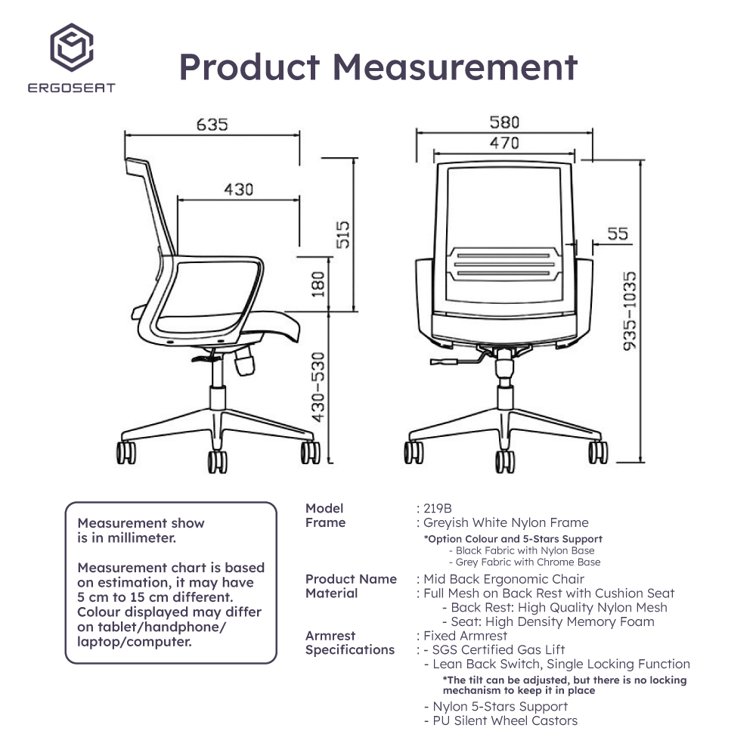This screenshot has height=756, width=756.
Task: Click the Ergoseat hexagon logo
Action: tap(72, 45)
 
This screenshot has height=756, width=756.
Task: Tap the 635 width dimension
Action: tap(212, 124)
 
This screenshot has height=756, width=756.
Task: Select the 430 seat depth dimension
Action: tap(238, 189)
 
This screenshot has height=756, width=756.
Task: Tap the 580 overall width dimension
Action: tap(504, 122)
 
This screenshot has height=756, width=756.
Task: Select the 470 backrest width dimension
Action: tap(504, 142)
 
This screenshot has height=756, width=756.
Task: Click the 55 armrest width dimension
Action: tap(618, 234)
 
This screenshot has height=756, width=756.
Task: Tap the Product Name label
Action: tap(351, 579)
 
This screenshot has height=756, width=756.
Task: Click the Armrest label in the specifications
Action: tap(330, 636)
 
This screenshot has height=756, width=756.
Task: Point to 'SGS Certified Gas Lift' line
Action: tap(499, 649)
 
